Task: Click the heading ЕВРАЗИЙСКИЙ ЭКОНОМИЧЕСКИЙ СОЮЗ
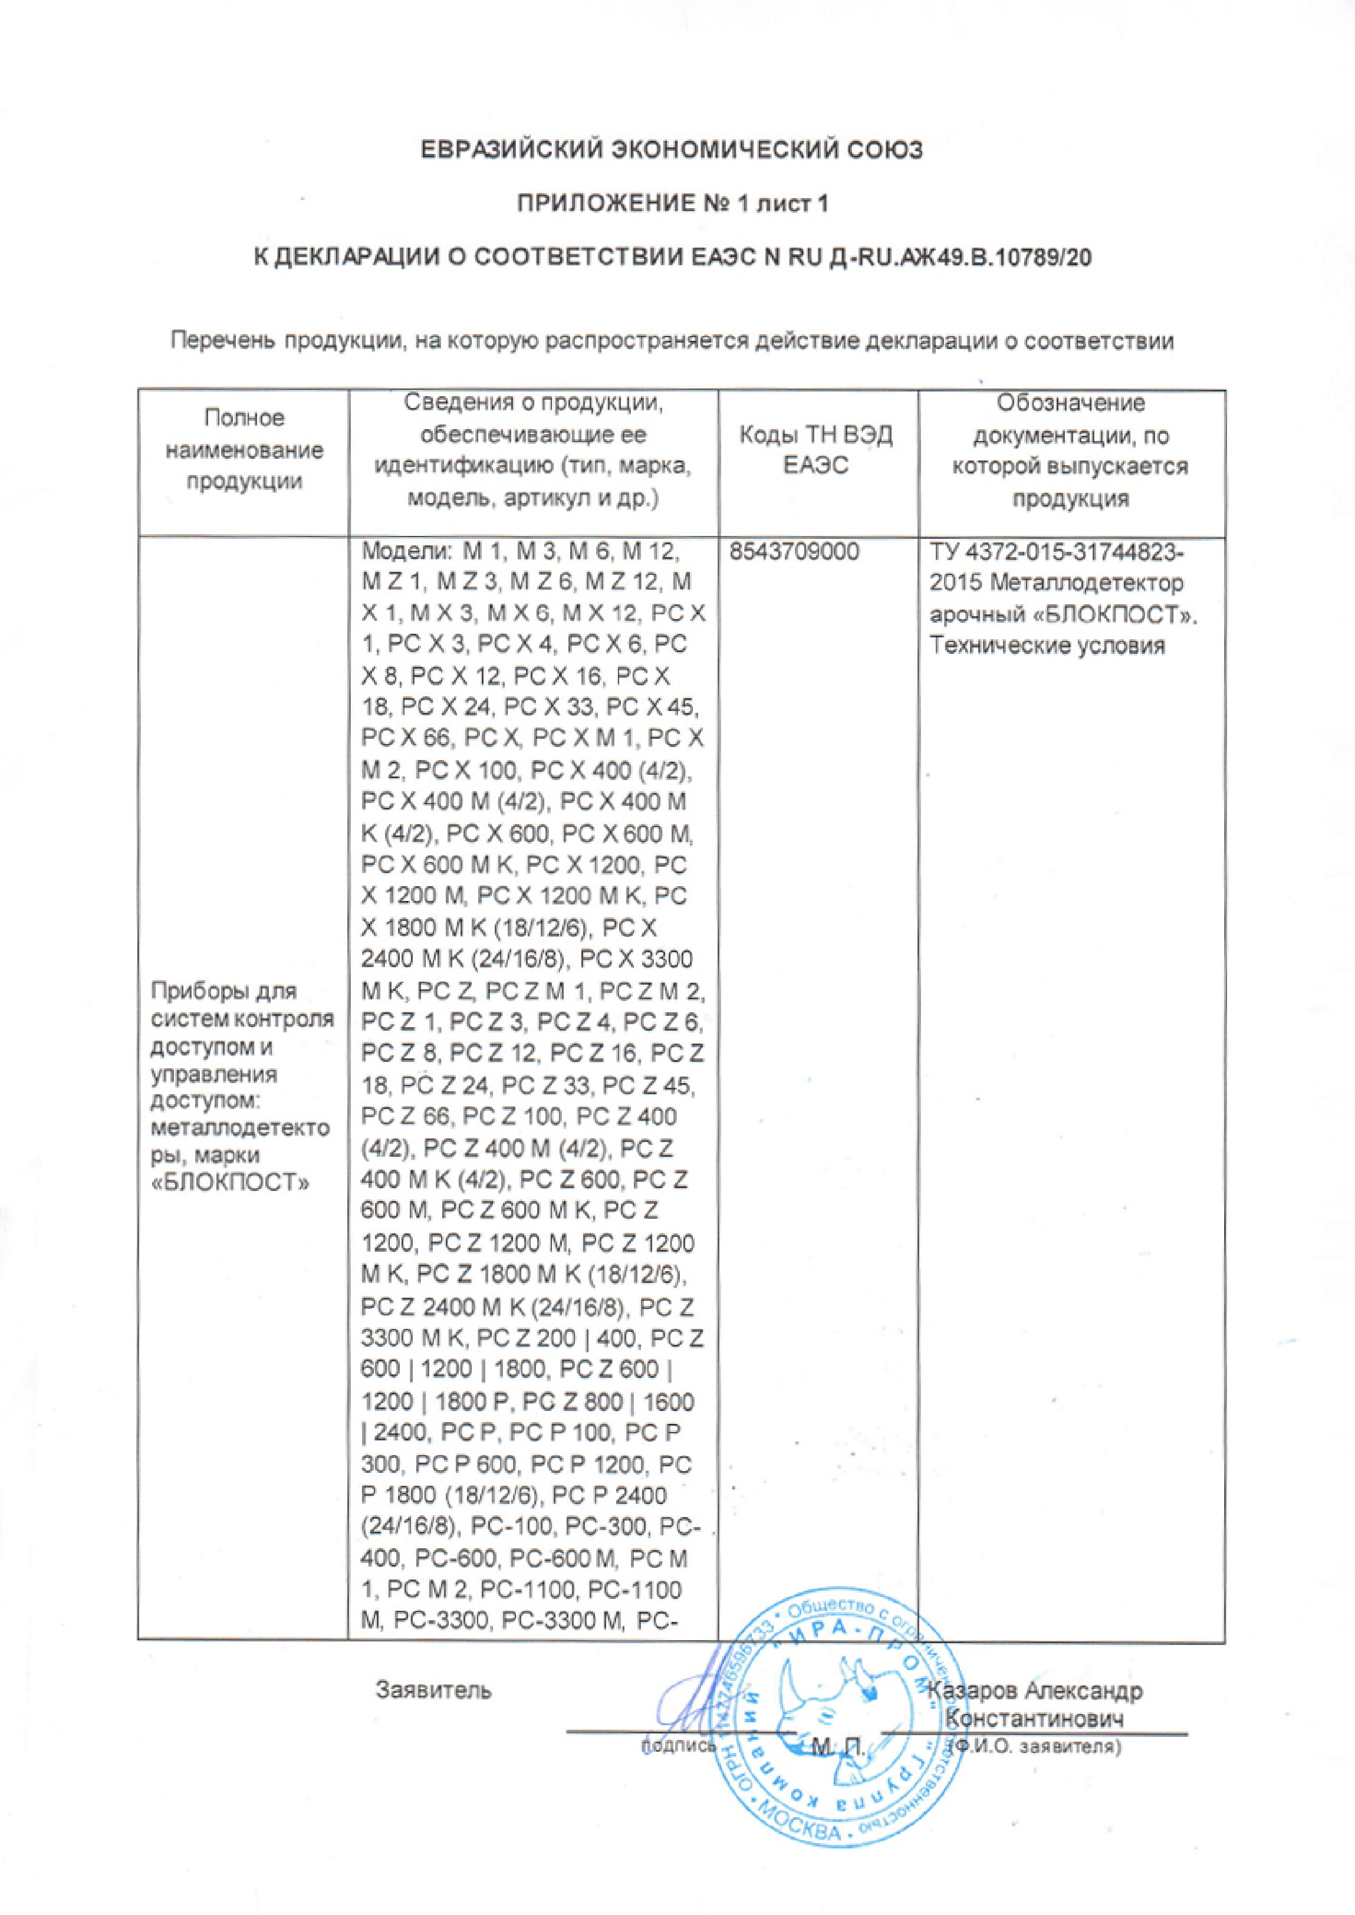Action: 672,150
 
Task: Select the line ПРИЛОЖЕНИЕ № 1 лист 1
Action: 673,203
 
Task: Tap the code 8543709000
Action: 794,552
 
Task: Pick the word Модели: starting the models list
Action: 406,552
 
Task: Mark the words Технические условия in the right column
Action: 1047,646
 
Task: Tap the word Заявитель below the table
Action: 434,1690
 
